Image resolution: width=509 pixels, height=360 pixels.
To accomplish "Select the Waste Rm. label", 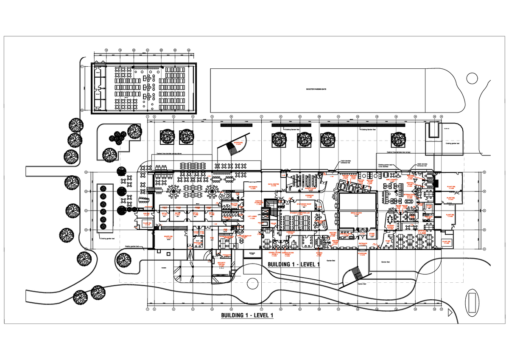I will (169, 238).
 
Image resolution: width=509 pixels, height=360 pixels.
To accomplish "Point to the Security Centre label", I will (221, 264).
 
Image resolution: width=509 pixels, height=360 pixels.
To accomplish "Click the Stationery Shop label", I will (304, 205).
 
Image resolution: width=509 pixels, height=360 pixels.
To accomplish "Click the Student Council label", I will (391, 227).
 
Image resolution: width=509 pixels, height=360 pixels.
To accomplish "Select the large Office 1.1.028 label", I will (422, 232).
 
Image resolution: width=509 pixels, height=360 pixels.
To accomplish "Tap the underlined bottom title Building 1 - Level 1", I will (247, 316).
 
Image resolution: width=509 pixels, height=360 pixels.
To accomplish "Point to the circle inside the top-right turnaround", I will (471, 78).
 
